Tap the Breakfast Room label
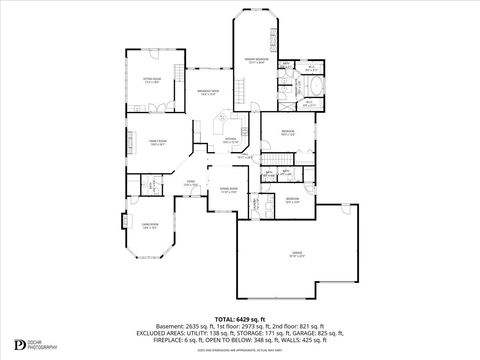[208, 92]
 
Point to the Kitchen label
[231, 140]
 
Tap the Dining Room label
[228, 189]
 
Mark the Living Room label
[150, 227]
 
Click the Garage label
[297, 254]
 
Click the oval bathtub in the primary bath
[309, 101]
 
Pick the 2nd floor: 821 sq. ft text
[297, 324]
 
